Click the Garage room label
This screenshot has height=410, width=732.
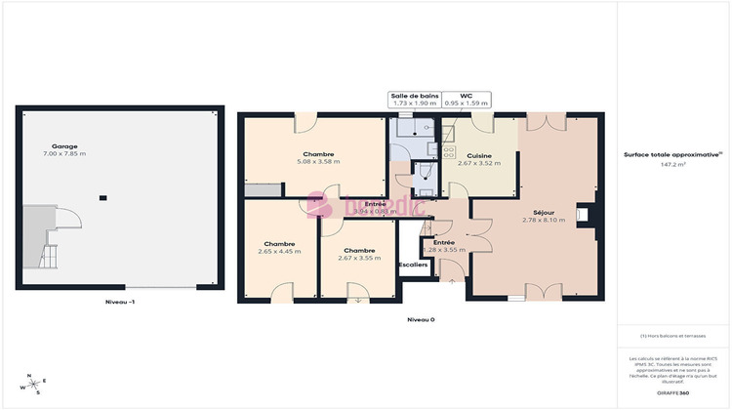[64, 145]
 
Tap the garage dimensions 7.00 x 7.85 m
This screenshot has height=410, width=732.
[64, 153]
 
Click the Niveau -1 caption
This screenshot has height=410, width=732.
[120, 303]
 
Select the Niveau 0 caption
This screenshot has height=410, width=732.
[420, 319]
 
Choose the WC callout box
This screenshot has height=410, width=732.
[466, 100]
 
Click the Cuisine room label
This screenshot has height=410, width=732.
[478, 156]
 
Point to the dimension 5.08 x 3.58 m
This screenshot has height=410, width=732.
[319, 162]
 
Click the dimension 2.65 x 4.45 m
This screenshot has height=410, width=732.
[280, 252]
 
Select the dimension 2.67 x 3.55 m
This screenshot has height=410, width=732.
[359, 258]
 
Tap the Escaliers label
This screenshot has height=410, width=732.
[414, 265]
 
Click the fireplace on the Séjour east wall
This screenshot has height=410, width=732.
[582, 214]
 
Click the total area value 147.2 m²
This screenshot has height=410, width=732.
[672, 165]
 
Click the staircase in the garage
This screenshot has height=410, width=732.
[43, 239]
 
